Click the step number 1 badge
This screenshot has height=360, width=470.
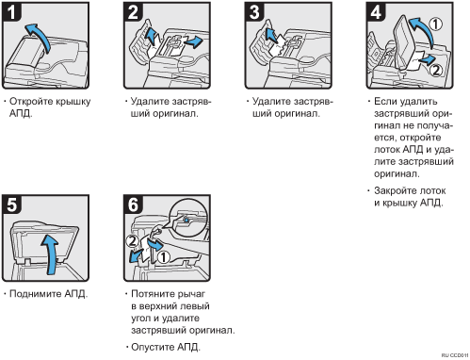pos(11,12)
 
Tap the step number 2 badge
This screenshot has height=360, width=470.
pos(133,12)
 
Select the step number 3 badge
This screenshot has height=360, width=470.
pos(254,12)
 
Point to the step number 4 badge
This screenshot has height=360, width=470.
pos(376,12)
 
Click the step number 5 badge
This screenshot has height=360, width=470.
pos(11,205)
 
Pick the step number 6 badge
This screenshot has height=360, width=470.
pos(133,205)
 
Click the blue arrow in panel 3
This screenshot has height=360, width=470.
pos(270,35)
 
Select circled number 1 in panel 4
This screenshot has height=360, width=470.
pos(436,25)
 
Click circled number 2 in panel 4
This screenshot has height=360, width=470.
pos(436,70)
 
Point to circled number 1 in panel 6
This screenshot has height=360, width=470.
pos(163,257)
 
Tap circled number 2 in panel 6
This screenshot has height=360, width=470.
pos(132,241)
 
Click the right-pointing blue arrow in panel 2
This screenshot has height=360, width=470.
pos(193,41)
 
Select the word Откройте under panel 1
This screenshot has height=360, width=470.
pos(31,102)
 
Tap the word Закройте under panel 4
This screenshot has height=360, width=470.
pos(395,191)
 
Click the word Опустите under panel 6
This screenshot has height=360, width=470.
pos(153,347)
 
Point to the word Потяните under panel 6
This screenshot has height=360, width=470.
pos(153,294)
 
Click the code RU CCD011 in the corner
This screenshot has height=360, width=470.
pos(455,355)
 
